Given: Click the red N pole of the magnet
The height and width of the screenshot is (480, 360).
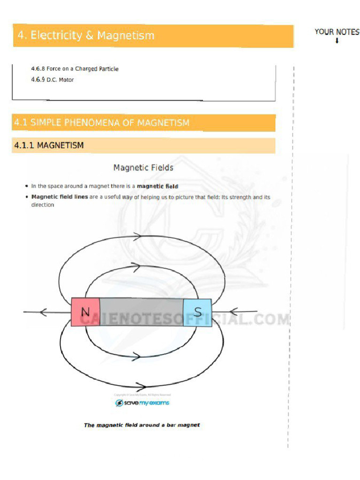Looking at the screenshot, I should tap(85, 312).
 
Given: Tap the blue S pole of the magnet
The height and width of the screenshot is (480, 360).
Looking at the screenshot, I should tap(197, 312).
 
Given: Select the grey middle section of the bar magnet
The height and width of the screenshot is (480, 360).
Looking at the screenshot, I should tap(141, 312).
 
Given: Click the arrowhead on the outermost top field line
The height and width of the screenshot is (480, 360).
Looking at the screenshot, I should tap(137, 237).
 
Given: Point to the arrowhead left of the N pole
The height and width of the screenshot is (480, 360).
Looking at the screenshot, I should tap(44, 312).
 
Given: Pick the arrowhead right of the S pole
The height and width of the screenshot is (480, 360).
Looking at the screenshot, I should tap(234, 311).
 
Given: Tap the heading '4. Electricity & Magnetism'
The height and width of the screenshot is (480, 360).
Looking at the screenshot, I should tap(86, 36).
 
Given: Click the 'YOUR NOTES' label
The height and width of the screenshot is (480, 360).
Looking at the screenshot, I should tap(337, 32).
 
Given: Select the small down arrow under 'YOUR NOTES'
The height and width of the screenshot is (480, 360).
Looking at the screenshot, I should tap(337, 41).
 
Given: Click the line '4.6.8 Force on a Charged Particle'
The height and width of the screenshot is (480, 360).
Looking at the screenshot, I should tap(75, 69).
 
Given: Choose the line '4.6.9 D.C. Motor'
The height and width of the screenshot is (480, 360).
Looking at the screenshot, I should tap(52, 80).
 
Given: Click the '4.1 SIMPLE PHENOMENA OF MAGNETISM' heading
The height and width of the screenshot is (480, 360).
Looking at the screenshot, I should tap(102, 123).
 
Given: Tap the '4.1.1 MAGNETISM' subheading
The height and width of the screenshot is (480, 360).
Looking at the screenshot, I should tap(49, 145).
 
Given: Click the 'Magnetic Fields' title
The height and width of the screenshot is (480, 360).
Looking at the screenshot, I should tap(143, 167).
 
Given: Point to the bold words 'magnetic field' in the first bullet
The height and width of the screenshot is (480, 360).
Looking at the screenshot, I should tap(157, 186).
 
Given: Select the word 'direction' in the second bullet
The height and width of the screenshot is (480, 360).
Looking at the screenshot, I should tap(43, 205).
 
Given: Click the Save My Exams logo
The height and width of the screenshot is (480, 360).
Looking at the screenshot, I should tap(142, 403).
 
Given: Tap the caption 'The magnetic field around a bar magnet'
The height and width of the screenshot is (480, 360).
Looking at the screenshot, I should tap(142, 425).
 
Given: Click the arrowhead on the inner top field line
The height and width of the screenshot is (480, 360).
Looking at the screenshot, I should tap(136, 268).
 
